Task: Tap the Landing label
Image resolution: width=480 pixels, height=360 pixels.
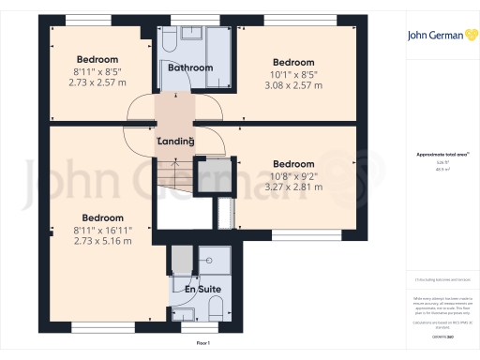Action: click(x=175, y=142)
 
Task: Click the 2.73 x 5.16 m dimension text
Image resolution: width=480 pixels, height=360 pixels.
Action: click(x=103, y=240)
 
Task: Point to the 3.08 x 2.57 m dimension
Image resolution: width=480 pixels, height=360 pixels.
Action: click(x=293, y=84)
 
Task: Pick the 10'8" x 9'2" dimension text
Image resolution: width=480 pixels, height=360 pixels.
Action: click(x=293, y=173)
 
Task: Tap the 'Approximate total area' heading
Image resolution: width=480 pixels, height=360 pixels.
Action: click(x=438, y=154)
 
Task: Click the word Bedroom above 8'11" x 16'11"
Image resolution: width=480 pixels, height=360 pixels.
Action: click(x=103, y=217)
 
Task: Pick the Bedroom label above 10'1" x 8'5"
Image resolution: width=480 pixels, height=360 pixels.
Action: click(x=293, y=62)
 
